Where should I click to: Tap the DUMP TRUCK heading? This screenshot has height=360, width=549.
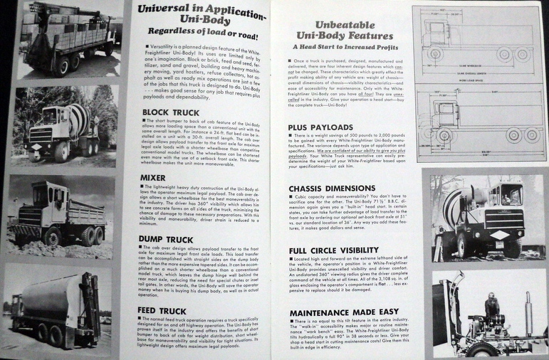coord(166,240)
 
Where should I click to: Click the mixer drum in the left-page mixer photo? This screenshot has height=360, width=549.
coord(76,117)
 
